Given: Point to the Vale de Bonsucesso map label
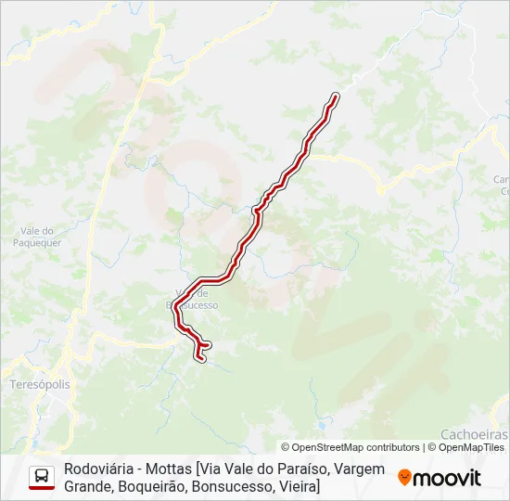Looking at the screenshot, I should pos(191,299).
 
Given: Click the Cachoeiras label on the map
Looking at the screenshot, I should pos(474,433).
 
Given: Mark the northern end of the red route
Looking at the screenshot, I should pos(335,96).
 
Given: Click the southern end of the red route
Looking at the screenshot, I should pos(198,356).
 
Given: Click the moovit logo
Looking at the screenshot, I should pos(440,478).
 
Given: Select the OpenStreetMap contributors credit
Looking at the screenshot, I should pos(351,447).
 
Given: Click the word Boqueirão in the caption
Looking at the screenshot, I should pos(160,486).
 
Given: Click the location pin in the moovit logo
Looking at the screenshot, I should pos(405,478).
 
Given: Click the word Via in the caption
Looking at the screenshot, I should pos(210,469).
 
